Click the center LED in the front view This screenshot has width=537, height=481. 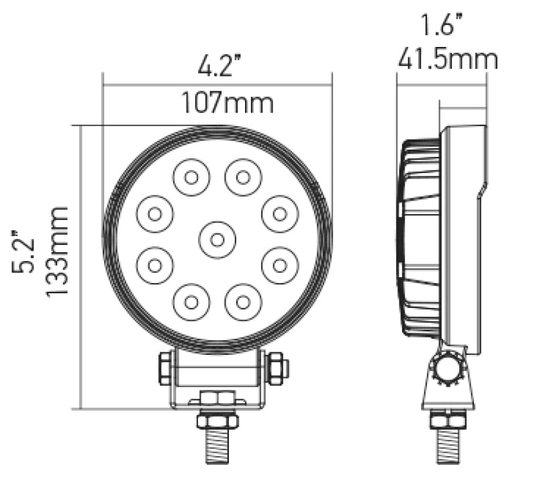click(x=217, y=237)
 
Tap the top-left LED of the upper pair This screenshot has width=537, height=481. click(x=191, y=178)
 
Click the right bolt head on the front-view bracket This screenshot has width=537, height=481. click(x=276, y=367)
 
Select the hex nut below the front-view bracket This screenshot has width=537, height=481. click(x=217, y=419)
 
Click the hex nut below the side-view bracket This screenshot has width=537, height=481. click(x=448, y=421)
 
